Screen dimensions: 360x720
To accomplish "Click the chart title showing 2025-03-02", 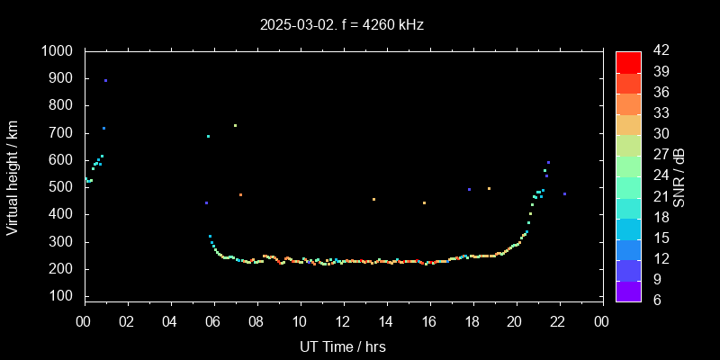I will click(x=341, y=24).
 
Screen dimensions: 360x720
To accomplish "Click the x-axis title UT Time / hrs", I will click(x=343, y=346).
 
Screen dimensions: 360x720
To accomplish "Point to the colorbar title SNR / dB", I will click(x=679, y=176).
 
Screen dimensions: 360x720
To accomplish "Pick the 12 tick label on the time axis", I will click(x=343, y=320).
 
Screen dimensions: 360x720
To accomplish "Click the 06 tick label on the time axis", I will click(x=213, y=320).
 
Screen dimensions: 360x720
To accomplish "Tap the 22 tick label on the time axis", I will click(x=558, y=320).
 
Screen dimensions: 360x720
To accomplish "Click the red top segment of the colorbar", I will click(x=628, y=61).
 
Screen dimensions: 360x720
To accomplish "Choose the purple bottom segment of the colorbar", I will click(x=628, y=290).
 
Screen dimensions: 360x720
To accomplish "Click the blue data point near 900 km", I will click(x=105, y=81).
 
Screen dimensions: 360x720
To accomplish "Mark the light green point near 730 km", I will click(x=235, y=126).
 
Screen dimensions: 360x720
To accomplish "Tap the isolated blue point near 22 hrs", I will click(x=564, y=194).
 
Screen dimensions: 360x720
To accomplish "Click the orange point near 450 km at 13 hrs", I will click(x=373, y=200).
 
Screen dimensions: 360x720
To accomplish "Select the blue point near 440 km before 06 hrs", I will click(x=206, y=203).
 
